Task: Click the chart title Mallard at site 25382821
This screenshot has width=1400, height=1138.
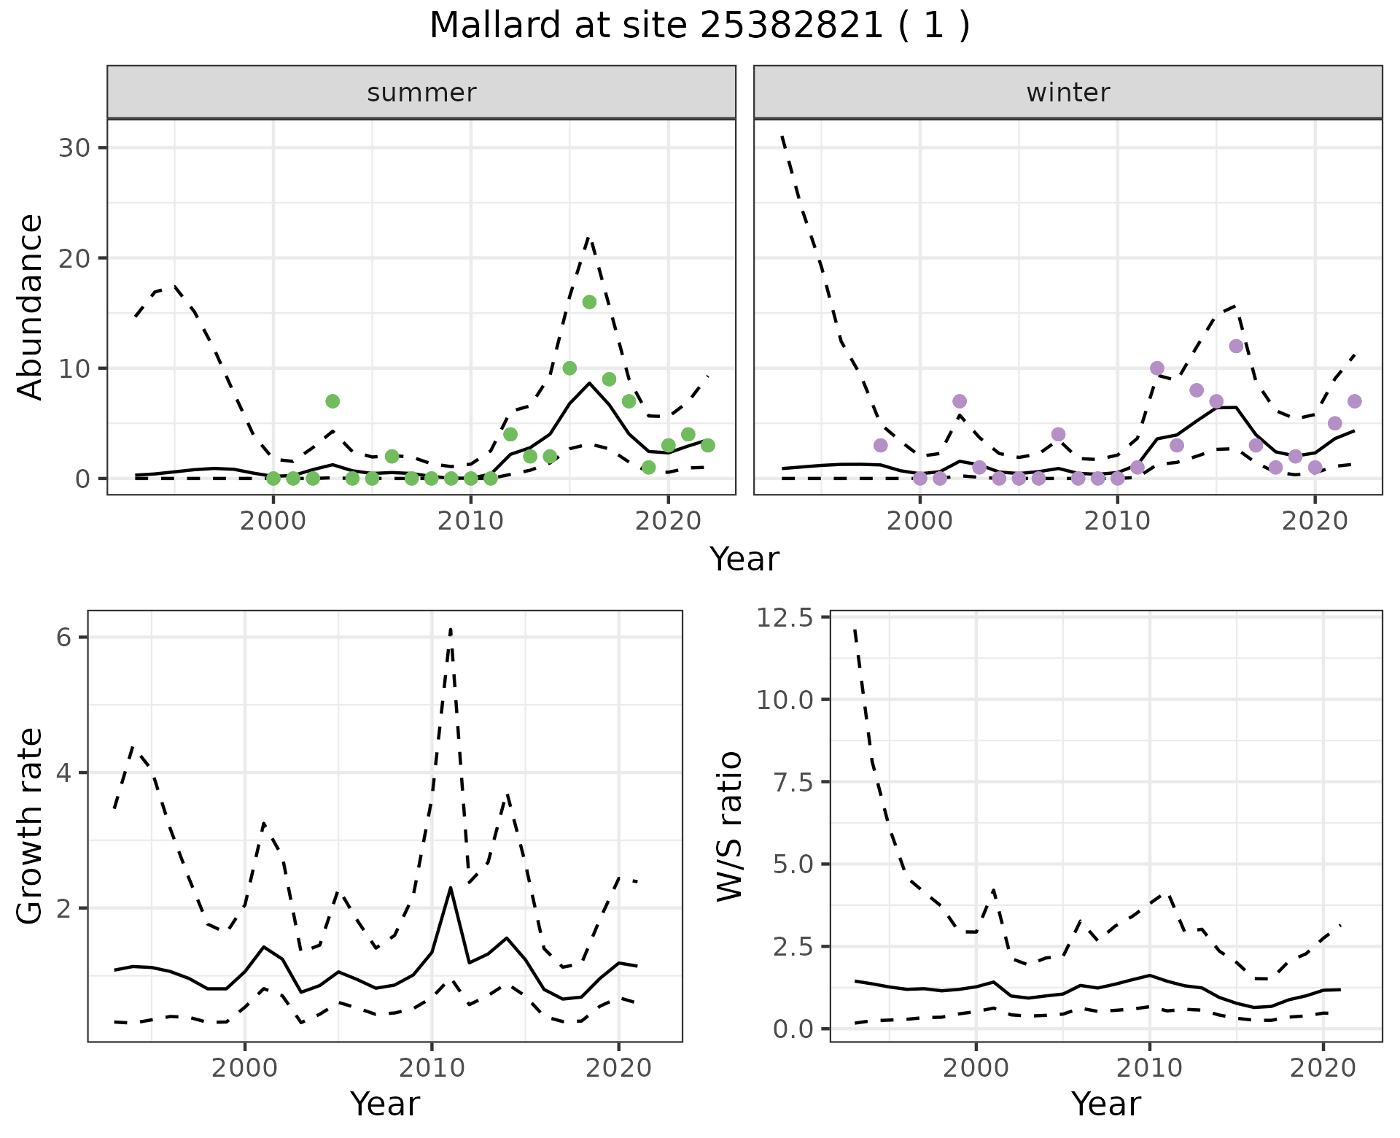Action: click(699, 26)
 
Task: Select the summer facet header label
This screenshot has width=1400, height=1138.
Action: click(421, 93)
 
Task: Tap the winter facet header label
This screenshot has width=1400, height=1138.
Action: click(1067, 93)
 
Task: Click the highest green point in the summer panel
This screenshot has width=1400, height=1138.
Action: click(589, 302)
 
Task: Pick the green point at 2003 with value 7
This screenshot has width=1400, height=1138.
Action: click(332, 401)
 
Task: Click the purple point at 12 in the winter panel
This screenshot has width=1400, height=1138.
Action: click(1236, 346)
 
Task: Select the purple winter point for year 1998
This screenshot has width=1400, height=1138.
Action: click(880, 445)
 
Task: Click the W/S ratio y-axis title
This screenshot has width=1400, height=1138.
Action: click(729, 827)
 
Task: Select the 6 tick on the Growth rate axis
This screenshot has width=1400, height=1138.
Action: click(64, 638)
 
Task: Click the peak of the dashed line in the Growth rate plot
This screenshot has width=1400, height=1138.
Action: click(451, 629)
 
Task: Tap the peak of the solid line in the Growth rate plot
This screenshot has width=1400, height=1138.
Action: click(451, 888)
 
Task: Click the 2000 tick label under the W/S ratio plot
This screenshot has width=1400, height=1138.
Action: click(976, 1069)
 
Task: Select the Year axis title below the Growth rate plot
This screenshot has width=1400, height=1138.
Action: click(385, 1104)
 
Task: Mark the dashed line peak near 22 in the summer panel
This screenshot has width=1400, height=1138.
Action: click(589, 237)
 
